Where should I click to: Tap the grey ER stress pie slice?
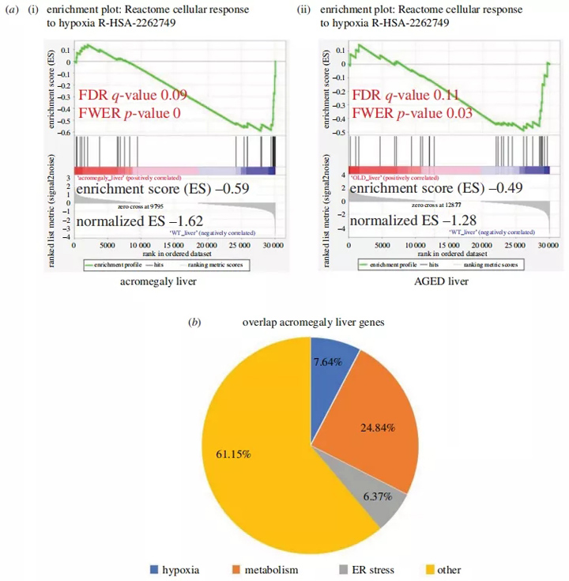[x=379, y=497]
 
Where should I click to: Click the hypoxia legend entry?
[x=173, y=569]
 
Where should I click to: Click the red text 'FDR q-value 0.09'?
[x=132, y=96]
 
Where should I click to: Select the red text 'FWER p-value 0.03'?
[x=412, y=113]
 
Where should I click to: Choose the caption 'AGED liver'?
[x=436, y=281]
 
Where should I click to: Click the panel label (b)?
[x=194, y=323]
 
